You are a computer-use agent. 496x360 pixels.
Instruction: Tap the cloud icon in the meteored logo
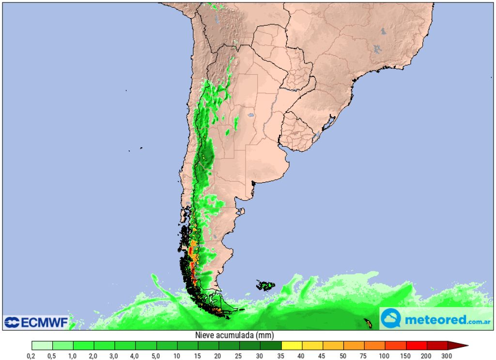coord(390,319)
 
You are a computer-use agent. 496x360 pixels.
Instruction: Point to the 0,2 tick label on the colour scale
coord(31,356)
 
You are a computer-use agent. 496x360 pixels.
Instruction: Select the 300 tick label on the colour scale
coord(447,356)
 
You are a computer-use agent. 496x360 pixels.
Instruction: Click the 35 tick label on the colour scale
coord(281,356)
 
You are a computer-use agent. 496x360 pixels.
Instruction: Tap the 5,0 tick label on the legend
coord(156,356)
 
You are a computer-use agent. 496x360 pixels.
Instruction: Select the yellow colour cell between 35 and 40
coord(292,345)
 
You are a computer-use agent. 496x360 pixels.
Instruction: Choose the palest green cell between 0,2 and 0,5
coord(42,345)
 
